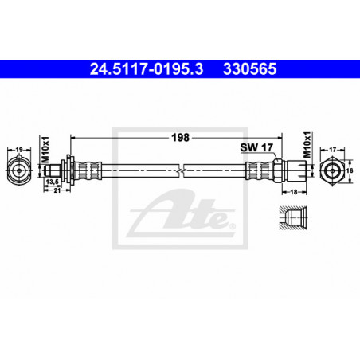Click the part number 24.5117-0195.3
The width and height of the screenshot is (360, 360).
(147, 69)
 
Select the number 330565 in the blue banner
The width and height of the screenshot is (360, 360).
(250, 69)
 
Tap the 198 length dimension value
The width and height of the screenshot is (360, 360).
(180, 138)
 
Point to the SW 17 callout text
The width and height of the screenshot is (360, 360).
(256, 147)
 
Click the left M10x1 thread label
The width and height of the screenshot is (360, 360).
(45, 150)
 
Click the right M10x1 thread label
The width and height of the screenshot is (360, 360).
(307, 145)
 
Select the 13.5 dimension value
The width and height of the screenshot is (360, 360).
(52, 182)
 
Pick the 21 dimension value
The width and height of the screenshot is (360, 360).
(57, 190)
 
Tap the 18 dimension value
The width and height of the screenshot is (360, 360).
(294, 192)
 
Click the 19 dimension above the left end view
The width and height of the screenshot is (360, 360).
(19, 150)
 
